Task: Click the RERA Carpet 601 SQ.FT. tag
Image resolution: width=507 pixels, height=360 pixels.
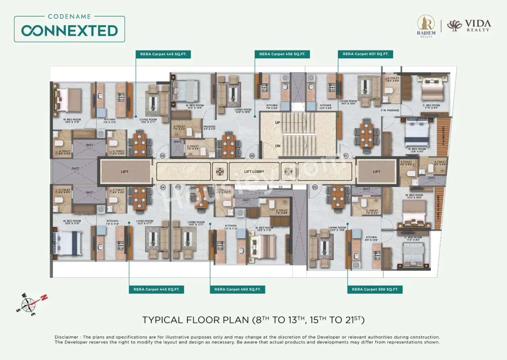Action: point(365,54)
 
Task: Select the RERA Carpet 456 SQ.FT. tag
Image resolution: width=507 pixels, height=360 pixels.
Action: point(282,54)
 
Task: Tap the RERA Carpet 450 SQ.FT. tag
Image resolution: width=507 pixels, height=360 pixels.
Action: point(237,289)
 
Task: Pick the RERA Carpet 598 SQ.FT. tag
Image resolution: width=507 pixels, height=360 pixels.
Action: point(375,289)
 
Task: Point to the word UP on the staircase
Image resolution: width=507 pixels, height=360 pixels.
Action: point(278,123)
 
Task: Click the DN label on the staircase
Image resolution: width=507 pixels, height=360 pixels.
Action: point(278,146)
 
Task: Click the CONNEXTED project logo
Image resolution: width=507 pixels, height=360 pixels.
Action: point(69,29)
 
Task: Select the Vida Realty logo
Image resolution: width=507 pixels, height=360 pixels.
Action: point(469,25)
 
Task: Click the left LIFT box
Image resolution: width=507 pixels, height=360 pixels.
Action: point(125,172)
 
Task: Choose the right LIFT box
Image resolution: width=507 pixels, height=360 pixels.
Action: point(377,172)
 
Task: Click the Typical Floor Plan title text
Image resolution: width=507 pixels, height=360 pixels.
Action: point(253,320)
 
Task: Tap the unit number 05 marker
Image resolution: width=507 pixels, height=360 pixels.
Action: point(162,156)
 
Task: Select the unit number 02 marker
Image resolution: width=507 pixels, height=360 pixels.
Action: point(315,186)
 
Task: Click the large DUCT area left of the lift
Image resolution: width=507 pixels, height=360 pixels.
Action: point(75,170)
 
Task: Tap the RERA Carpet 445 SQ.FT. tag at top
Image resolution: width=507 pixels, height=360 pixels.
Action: point(163,54)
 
